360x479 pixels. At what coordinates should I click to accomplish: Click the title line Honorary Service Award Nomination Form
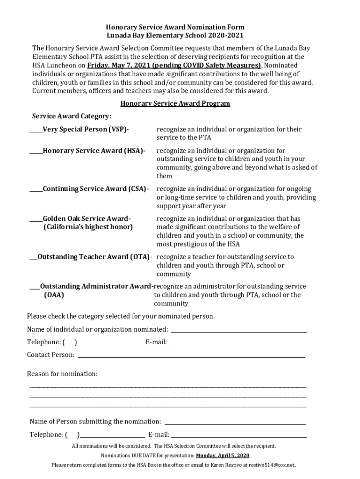(x=175, y=27)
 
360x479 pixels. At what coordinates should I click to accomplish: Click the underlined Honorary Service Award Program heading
(x=175, y=103)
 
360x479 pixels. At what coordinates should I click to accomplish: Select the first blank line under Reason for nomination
(x=168, y=386)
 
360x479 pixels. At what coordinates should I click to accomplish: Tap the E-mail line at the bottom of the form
(x=239, y=435)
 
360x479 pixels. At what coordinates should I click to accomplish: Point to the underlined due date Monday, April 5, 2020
(x=223, y=456)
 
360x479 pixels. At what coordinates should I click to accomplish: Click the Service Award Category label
(x=71, y=116)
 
